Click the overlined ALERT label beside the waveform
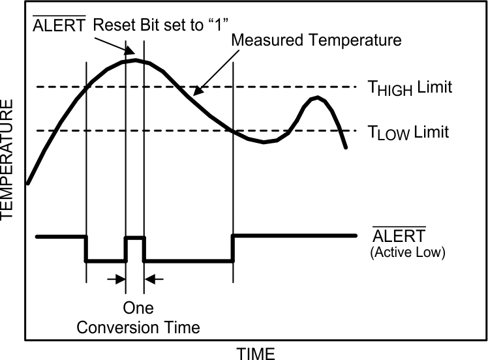[399, 235]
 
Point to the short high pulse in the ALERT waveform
[134, 238]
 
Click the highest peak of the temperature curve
[135, 60]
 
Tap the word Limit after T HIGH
[435, 87]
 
